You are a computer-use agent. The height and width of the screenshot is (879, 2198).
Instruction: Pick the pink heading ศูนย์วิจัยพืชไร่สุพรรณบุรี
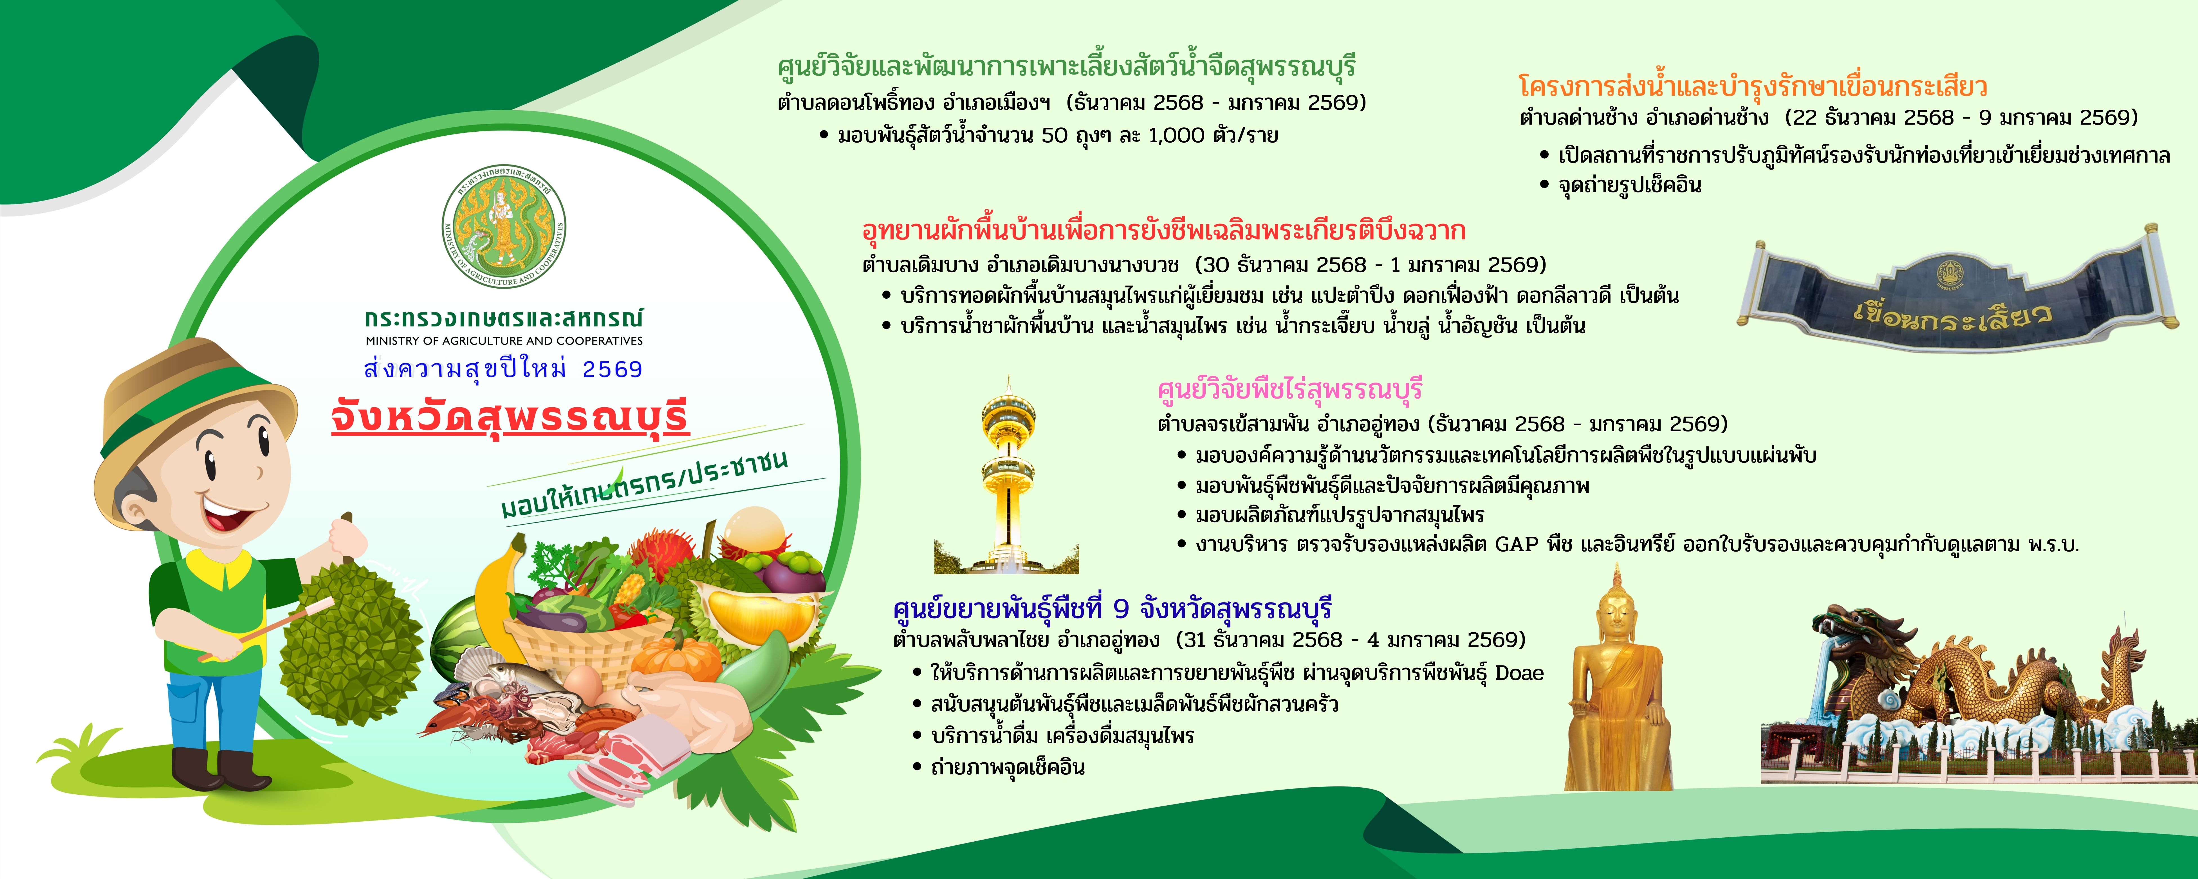coord(1290,390)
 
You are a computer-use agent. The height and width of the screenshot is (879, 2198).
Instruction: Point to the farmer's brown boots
coord(220,768)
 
